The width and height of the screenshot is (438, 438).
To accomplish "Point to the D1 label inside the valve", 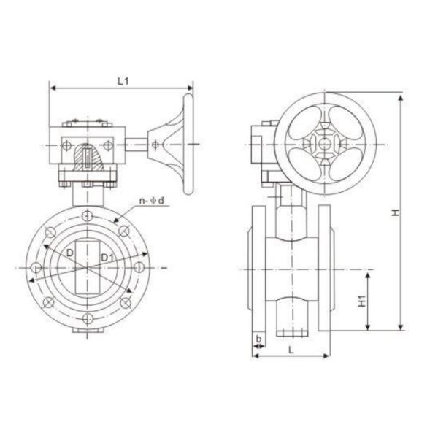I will (x=107, y=257).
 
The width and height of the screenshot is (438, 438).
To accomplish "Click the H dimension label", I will (x=393, y=212).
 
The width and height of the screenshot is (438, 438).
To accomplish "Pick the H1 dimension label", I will (x=363, y=300).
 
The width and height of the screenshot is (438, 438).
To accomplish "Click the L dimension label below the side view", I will (x=291, y=350).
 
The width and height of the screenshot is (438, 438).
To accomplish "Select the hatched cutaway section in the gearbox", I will (x=86, y=156).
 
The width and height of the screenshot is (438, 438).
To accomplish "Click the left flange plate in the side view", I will (x=258, y=267).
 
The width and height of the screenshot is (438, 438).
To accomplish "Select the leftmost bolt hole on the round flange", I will (x=34, y=267).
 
